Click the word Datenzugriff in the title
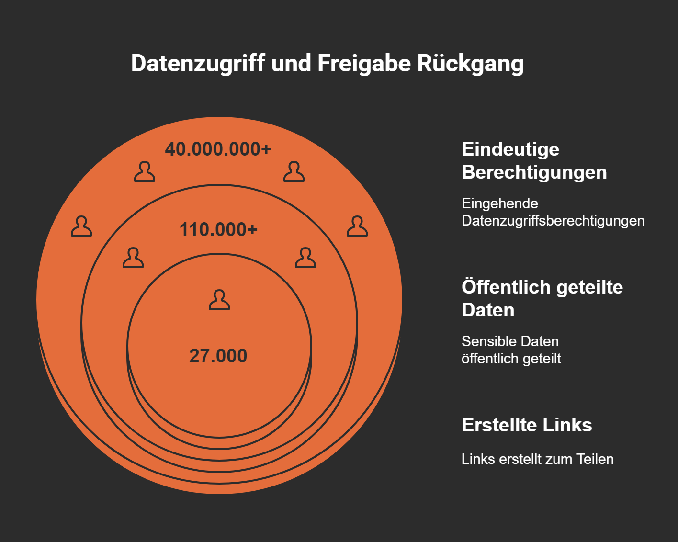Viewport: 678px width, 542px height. point(198,64)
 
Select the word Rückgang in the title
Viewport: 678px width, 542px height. point(470,64)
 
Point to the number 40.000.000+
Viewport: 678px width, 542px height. point(218,149)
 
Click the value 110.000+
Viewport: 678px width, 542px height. point(218,230)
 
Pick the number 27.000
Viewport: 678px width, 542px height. point(218,356)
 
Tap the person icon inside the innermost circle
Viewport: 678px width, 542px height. point(219,300)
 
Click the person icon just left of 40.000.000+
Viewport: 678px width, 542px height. point(144,172)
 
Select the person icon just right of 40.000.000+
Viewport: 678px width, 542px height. point(294,172)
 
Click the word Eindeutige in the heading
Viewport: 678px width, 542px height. point(510,149)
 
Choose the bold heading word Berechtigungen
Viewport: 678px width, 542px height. point(534,172)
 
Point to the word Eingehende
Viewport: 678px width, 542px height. point(500,203)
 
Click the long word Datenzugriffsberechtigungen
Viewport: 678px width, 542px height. point(553,221)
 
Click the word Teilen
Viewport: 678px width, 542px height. point(595,459)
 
